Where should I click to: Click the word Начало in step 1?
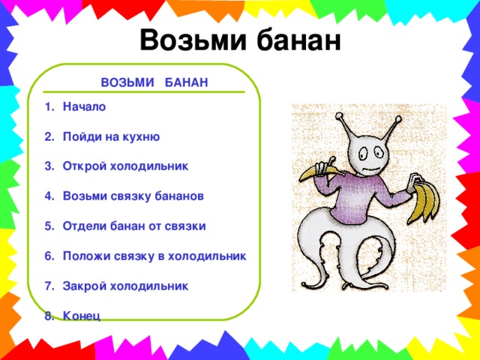click(85, 107)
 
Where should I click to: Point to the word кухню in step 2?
click(139, 137)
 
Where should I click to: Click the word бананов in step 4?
click(177, 196)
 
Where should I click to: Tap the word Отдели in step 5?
click(84, 226)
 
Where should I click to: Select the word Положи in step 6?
click(86, 256)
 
